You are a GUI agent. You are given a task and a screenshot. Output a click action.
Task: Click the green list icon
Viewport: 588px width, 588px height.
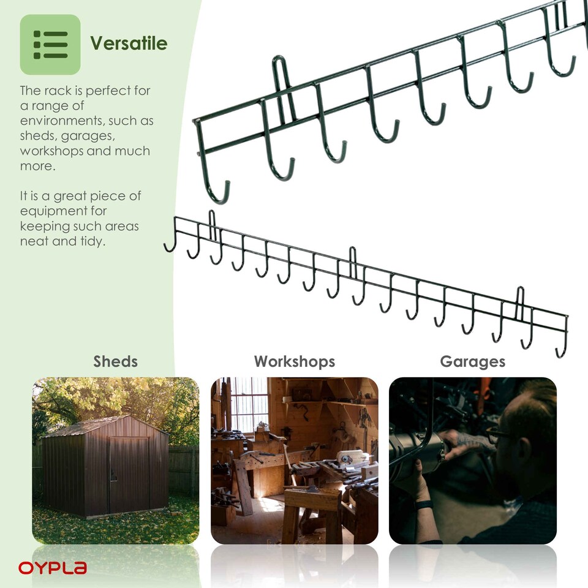(x=50, y=44)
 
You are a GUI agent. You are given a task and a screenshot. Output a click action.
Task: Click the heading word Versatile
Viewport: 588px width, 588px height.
(x=129, y=43)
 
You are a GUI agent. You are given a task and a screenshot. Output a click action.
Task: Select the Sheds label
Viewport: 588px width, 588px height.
(x=115, y=361)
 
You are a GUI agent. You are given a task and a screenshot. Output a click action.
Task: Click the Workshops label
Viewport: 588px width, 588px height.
(x=295, y=361)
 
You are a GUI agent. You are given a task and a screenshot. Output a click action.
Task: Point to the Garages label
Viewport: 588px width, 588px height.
(x=472, y=361)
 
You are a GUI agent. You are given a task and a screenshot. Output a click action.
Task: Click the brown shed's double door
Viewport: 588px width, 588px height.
(x=128, y=475)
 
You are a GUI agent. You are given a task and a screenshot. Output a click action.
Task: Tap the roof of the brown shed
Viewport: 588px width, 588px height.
(x=104, y=425)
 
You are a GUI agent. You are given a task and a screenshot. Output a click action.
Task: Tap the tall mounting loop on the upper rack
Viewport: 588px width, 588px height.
(x=281, y=86)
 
